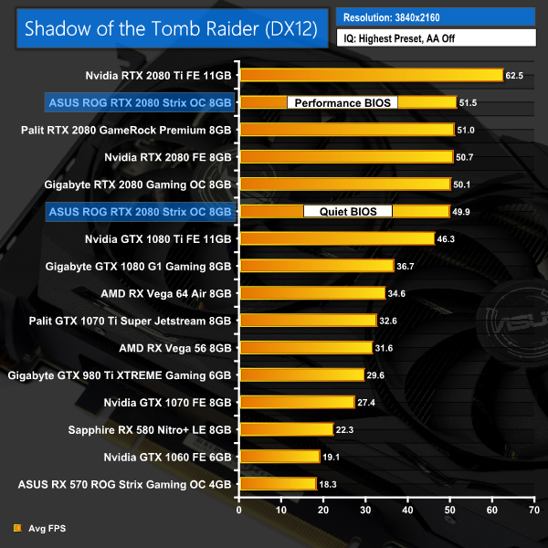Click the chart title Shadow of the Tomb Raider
click(x=170, y=28)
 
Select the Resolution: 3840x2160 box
click(x=436, y=16)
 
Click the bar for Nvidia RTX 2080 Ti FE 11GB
click(x=370, y=75)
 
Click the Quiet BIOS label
click(x=347, y=212)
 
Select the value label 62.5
click(x=514, y=75)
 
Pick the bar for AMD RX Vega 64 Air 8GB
click(x=311, y=293)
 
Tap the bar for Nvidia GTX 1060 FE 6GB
click(x=279, y=457)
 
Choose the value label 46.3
click(x=447, y=239)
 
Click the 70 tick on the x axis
click(x=533, y=510)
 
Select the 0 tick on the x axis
click(x=238, y=510)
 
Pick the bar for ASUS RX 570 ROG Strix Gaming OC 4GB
click(x=277, y=484)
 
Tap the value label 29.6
click(x=375, y=374)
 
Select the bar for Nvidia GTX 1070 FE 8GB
click(x=296, y=402)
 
